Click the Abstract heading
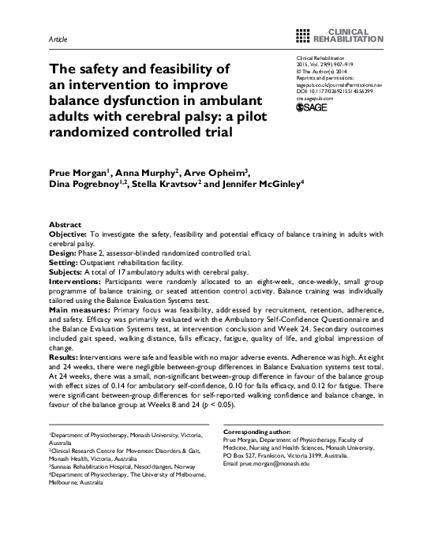click(67, 224)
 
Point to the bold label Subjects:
click(71, 271)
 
